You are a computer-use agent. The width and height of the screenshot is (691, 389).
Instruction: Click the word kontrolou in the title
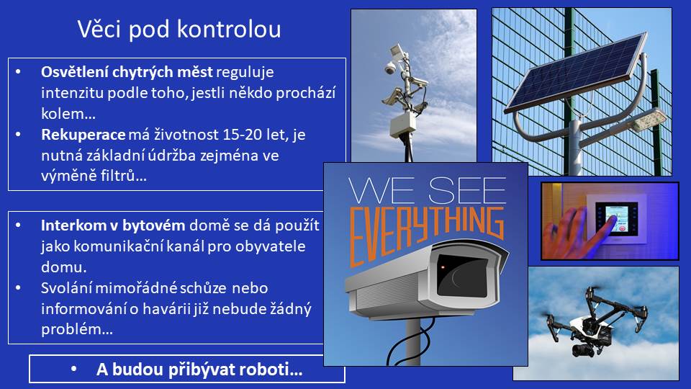pyautogui.click(x=229, y=29)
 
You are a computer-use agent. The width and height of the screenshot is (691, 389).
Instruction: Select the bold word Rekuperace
pyautogui.click(x=83, y=135)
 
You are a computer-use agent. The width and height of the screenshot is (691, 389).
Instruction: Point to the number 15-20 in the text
pyautogui.click(x=243, y=134)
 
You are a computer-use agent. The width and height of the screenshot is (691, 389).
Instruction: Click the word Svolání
pyautogui.click(x=66, y=288)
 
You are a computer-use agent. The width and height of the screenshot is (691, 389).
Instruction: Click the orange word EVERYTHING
pyautogui.click(x=425, y=235)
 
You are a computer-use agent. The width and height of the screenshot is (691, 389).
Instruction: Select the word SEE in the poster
pyautogui.click(x=467, y=190)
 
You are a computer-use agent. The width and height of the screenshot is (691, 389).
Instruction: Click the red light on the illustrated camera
pyautogui.click(x=443, y=267)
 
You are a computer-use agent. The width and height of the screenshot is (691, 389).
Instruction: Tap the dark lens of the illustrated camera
pyautogui.click(x=462, y=276)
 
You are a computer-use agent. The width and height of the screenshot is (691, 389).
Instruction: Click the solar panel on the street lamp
pyautogui.click(x=576, y=73)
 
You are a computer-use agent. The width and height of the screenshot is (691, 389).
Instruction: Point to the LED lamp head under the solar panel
pyautogui.click(x=649, y=120)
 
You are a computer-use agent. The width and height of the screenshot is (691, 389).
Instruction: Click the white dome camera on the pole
pyautogui.click(x=390, y=68)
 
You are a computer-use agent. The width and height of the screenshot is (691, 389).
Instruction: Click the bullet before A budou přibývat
pyautogui.click(x=73, y=369)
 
